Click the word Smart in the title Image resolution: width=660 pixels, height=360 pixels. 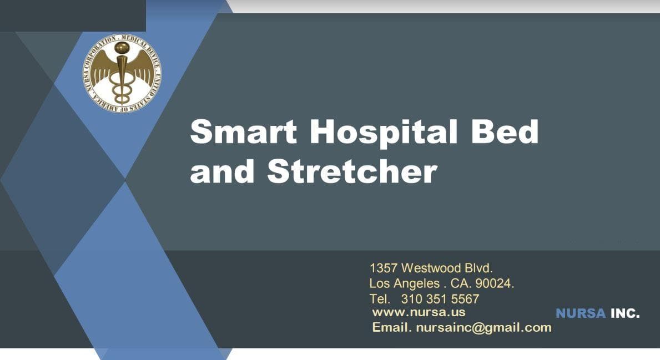coord(243,131)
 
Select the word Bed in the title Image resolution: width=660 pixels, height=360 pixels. coord(505,131)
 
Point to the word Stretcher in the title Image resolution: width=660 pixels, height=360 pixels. coord(352,171)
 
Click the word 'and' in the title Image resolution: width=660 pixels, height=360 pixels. coord(222,171)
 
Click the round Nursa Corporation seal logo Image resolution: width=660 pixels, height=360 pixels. coord(122,74)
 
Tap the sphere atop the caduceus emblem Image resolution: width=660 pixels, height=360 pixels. coord(122,48)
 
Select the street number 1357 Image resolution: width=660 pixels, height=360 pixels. coord(384,268)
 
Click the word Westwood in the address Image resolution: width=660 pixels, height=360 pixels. coord(431,268)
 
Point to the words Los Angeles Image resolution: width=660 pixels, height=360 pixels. coord(405,284)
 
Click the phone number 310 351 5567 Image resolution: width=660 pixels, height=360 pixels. coord(440,299)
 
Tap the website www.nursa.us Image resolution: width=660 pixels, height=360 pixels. coord(419,312)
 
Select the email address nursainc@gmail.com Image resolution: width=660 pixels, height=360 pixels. coord(483,328)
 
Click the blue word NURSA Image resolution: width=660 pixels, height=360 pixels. coord(581,313)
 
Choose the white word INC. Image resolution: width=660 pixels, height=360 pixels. coord(625,313)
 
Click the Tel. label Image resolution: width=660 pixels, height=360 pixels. coord(380,299)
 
